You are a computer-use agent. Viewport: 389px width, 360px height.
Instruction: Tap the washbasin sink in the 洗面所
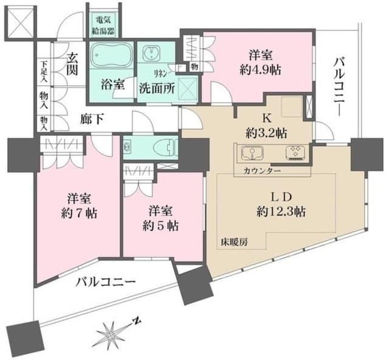point(151,54)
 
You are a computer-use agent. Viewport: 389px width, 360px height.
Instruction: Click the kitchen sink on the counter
point(252,153)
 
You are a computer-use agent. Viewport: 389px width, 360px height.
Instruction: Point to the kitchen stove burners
point(295,152)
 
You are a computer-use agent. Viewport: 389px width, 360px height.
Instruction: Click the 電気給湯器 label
point(103,26)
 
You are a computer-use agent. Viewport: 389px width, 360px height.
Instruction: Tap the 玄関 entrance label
point(72,63)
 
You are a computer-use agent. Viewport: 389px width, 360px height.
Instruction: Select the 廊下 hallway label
point(92,119)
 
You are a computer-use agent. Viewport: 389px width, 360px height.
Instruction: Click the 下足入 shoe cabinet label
point(44,72)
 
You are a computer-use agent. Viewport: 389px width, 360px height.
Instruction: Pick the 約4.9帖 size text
point(261,70)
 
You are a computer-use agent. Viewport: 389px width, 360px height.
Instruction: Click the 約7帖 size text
point(79,213)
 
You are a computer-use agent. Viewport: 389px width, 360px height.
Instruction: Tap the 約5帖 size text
point(160,226)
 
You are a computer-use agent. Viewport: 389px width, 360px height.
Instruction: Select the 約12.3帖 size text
point(281,212)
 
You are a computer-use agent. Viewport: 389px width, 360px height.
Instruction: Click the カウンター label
point(263,171)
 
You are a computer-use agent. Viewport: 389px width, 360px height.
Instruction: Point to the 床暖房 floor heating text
point(235,242)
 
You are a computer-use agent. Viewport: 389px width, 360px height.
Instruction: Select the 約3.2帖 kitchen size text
point(267,133)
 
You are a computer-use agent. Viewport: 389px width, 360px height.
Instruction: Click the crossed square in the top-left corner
point(19,22)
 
